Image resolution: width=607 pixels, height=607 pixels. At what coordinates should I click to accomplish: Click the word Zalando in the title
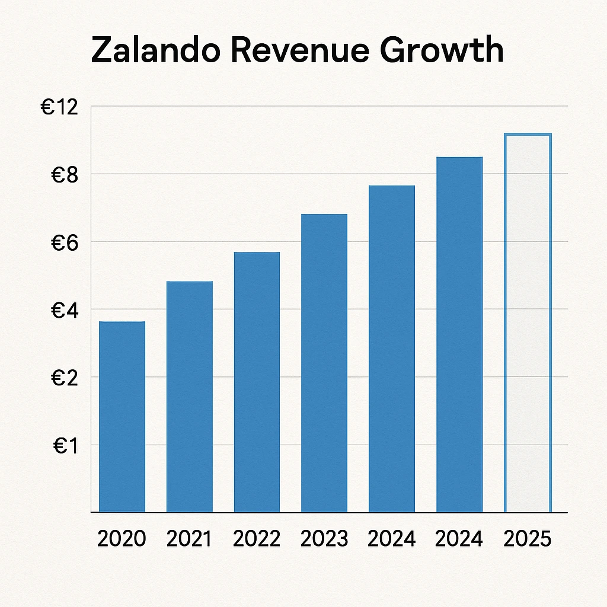[x=155, y=50]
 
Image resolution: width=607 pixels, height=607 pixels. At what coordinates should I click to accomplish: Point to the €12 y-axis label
[x=59, y=107]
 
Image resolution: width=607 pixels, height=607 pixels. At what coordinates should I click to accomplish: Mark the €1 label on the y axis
[x=65, y=446]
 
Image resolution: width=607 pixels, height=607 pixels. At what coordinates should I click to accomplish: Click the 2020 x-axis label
[x=122, y=539]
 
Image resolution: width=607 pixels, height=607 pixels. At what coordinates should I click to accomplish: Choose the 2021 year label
[x=189, y=539]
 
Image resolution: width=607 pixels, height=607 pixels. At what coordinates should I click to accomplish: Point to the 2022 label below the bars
[x=257, y=539]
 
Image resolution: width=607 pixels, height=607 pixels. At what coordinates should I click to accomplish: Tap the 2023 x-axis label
[x=324, y=539]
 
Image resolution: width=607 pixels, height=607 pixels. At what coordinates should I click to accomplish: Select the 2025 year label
[x=527, y=539]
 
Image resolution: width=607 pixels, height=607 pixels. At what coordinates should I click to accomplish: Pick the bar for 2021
[x=190, y=397]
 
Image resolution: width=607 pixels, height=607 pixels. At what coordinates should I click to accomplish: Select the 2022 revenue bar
[x=257, y=382]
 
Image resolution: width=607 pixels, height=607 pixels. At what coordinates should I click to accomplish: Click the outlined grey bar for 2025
[x=528, y=323]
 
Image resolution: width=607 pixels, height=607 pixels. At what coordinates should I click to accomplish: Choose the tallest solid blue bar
[x=459, y=334]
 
